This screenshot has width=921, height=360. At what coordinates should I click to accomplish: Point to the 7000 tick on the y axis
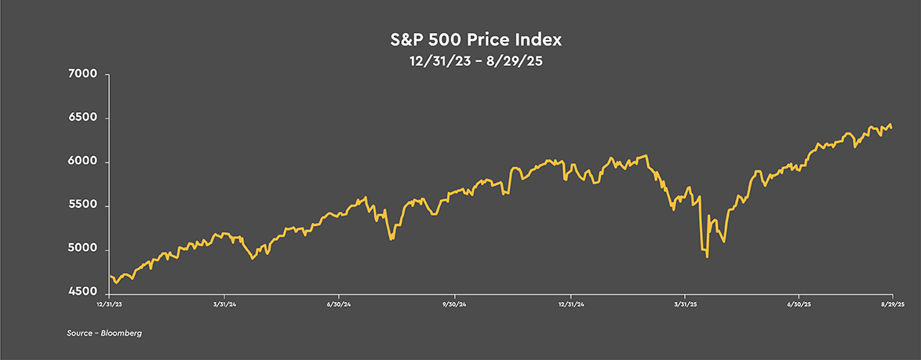click(82, 75)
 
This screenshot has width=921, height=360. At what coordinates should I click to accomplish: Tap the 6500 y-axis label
click(82, 118)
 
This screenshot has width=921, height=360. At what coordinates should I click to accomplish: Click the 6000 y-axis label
click(82, 162)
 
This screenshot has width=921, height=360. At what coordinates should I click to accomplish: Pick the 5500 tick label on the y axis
click(82, 206)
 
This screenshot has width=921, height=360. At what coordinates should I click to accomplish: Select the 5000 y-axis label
click(82, 250)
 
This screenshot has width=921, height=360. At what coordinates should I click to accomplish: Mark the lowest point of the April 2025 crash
click(708, 256)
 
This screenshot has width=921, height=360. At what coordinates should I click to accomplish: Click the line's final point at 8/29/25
click(891, 128)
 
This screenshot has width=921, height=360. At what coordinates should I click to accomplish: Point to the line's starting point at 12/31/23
click(110, 276)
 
